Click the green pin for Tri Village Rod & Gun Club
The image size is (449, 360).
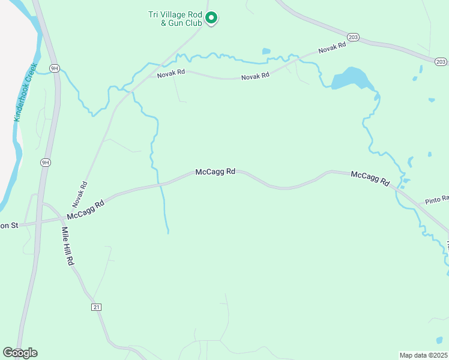pyautogui.click(x=211, y=18)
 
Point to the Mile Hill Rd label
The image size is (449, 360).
pyautogui.click(x=67, y=246)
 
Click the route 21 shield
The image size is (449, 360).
pyautogui.click(x=96, y=307)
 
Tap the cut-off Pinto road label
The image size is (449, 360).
pyautogui.click(x=437, y=199)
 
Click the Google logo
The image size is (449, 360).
pyautogui.click(x=20, y=352)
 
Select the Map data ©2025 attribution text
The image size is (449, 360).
pyautogui.click(x=423, y=355)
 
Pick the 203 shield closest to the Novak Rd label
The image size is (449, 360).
pyautogui.click(x=354, y=37)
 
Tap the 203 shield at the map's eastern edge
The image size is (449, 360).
pyautogui.click(x=441, y=61)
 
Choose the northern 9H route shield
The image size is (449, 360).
pyautogui.click(x=55, y=68)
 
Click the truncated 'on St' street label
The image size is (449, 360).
pyautogui.click(x=10, y=226)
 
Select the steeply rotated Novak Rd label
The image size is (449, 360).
pyautogui.click(x=84, y=191)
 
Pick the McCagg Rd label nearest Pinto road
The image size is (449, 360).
pyautogui.click(x=370, y=178)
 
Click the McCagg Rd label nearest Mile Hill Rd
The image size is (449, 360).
pyautogui.click(x=86, y=209)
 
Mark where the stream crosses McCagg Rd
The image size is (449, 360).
pyautogui.click(x=161, y=184)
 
